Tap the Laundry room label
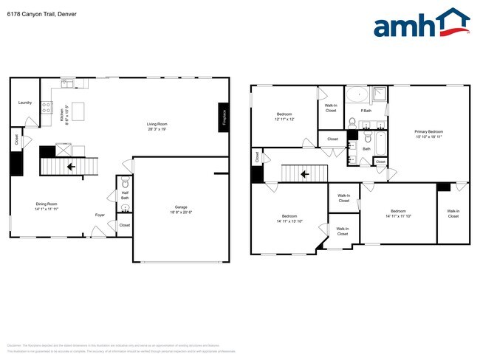[x=24, y=103]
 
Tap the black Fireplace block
[x=223, y=118]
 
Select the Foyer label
[x=99, y=215]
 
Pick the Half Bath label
[x=124, y=195]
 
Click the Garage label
[x=181, y=209]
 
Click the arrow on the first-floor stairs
[x=71, y=167]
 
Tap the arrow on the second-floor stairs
[x=304, y=174]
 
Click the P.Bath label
[x=366, y=111]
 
